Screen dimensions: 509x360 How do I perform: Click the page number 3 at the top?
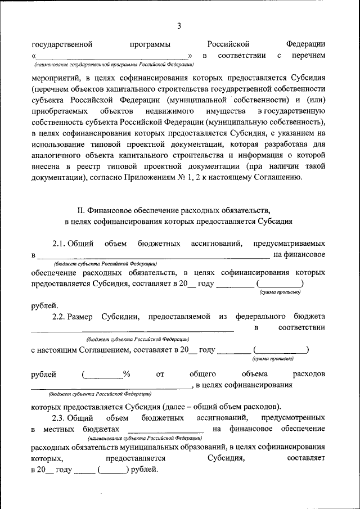pos(179,26)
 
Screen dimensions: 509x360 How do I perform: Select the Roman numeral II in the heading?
pos(80,211)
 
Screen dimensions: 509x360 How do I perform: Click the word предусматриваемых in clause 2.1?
pos(289,244)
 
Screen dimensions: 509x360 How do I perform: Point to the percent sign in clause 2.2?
pos(127,374)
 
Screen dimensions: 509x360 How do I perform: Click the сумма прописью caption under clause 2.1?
pos(280,292)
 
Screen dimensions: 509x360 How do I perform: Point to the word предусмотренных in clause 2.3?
pos(293,418)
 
